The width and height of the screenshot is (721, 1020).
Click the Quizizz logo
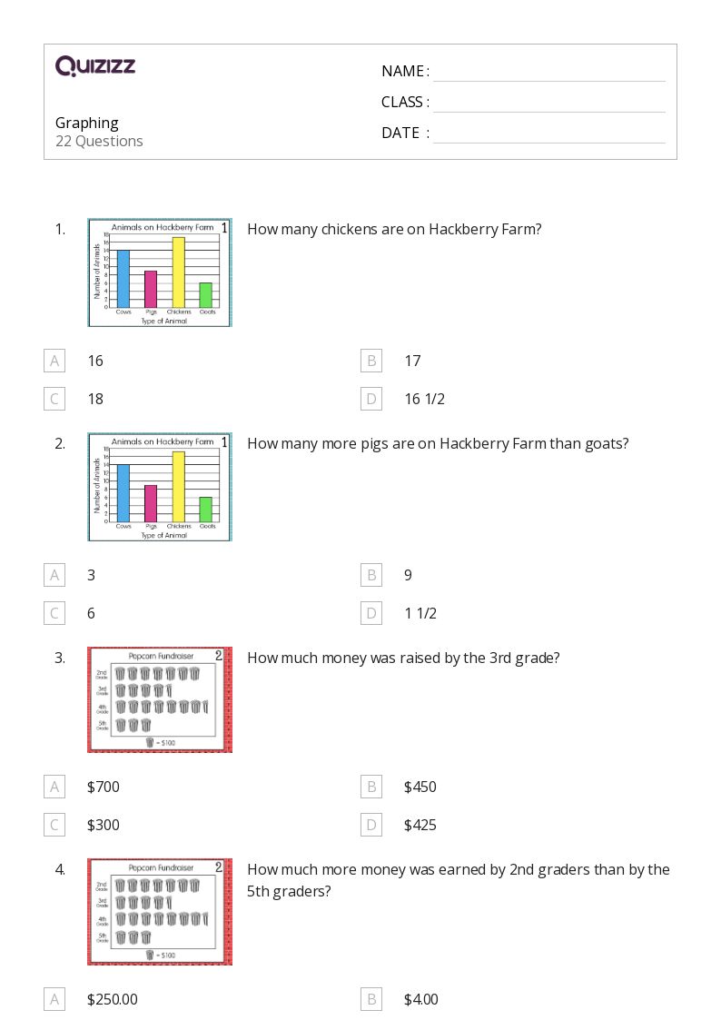tap(95, 65)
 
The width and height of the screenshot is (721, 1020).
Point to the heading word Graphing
tap(87, 123)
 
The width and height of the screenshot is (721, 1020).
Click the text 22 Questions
tap(99, 141)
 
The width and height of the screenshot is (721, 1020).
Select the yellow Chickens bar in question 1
tap(179, 272)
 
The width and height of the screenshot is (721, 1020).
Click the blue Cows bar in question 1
tap(123, 279)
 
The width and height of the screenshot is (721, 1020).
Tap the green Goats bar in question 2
tap(206, 510)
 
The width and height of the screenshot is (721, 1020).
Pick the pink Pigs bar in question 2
tap(151, 503)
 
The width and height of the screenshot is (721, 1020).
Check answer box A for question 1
tap(54, 361)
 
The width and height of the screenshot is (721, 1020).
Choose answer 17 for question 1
tap(412, 361)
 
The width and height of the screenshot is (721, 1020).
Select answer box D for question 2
tap(370, 613)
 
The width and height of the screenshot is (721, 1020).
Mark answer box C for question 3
tap(54, 825)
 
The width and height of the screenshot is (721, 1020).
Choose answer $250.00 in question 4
tap(113, 999)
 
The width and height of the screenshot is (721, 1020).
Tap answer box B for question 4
tap(370, 999)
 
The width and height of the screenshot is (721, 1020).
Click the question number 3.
tap(60, 658)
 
